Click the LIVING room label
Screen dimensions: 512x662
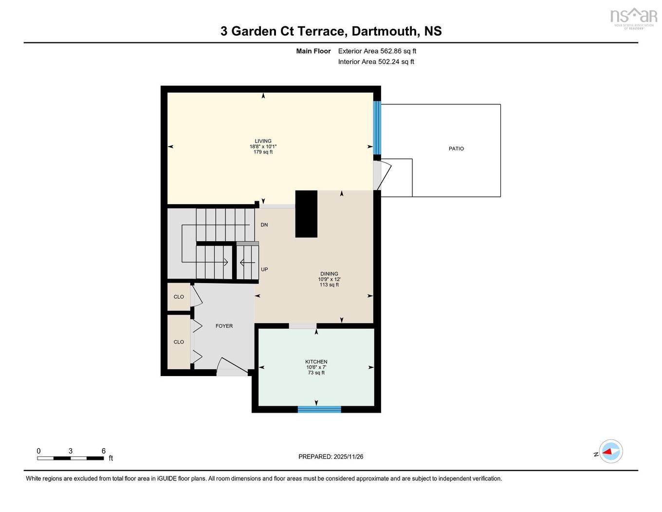pos(263,141)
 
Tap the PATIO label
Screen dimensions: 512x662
pos(456,149)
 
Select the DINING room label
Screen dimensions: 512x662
pos(329,274)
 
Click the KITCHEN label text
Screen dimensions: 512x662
pos(316,361)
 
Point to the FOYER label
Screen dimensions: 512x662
pos(224,326)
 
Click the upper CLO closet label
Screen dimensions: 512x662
pos(179,297)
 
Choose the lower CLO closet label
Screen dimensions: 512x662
pos(179,342)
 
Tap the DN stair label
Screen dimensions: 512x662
pos(264,225)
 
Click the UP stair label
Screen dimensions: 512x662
pos(264,269)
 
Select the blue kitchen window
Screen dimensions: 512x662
pos(319,409)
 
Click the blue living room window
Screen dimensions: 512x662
pos(377,128)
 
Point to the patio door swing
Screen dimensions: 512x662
pos(384,174)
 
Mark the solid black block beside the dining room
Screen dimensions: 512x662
pos(306,214)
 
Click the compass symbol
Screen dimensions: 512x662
pos(610,452)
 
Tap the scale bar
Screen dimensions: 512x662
pos(71,458)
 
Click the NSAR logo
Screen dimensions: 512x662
pos(633,17)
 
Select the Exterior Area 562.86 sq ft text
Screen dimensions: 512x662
pos(377,51)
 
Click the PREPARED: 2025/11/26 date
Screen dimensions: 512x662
pos(331,456)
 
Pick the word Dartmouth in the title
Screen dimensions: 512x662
pos(385,31)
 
